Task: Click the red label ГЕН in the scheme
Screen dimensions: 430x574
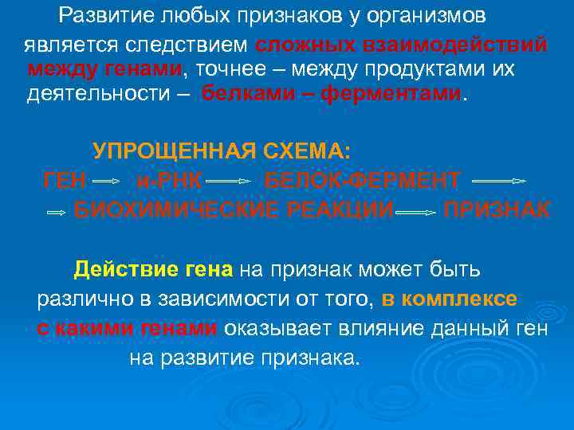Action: click(x=65, y=181)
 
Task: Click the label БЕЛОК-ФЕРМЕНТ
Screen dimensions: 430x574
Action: click(x=362, y=181)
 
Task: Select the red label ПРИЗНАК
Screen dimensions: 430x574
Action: click(x=496, y=210)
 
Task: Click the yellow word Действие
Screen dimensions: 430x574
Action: click(x=122, y=270)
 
